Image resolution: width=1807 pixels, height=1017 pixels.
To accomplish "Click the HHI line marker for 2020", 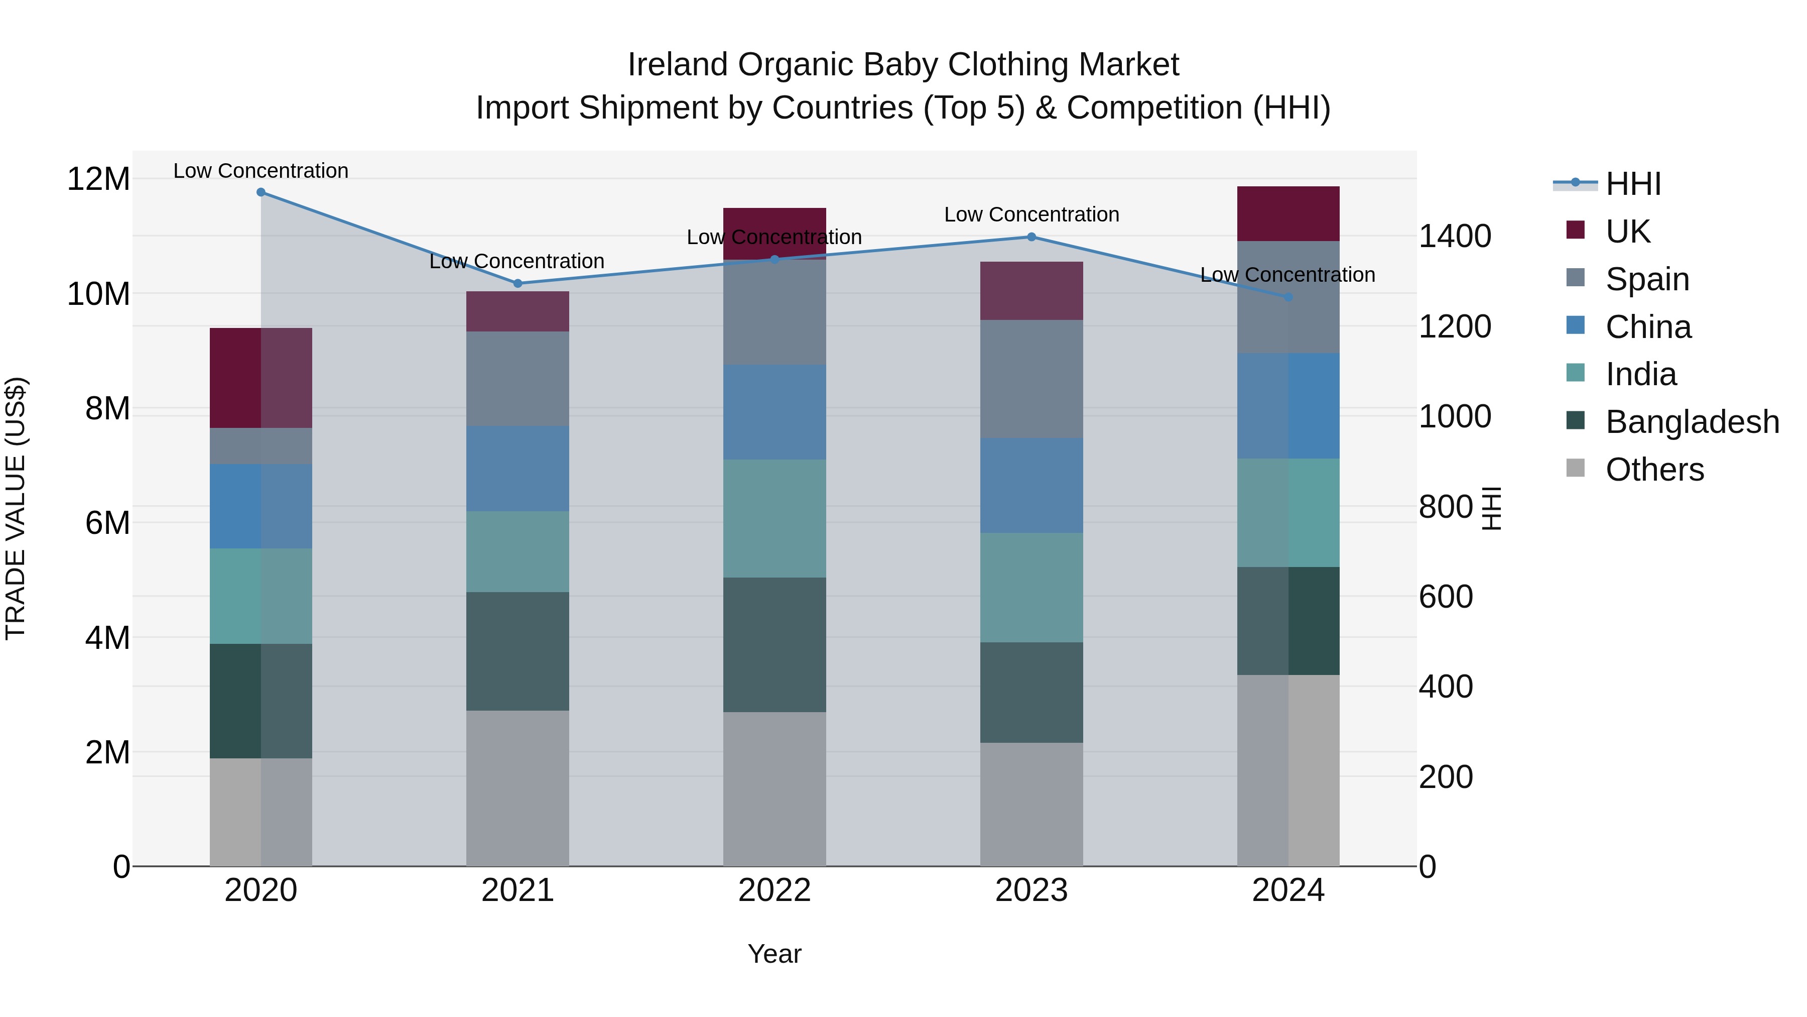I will [261, 192].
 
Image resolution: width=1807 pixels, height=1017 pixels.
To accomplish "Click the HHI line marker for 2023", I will [1031, 237].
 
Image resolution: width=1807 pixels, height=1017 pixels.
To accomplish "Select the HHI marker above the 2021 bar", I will [518, 284].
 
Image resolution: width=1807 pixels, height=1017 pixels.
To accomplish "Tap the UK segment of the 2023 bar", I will [1031, 291].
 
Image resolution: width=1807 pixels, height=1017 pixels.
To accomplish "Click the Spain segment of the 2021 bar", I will [518, 379].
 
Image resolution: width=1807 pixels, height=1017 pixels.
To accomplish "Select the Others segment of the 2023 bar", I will [1031, 805].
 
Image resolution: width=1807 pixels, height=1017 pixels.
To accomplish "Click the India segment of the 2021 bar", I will [518, 551].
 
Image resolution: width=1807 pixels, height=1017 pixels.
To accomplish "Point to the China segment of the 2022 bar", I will [775, 413].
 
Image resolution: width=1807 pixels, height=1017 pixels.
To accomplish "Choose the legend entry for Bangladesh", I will [1692, 422].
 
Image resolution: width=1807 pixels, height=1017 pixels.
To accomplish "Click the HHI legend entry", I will [1633, 184].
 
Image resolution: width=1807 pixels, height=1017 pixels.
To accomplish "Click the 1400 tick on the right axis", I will [1455, 237].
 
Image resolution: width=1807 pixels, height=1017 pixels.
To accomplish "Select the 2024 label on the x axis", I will [1288, 890].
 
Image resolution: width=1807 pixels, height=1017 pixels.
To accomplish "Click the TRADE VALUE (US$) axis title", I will [16, 508].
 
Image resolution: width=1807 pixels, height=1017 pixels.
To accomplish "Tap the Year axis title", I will [775, 954].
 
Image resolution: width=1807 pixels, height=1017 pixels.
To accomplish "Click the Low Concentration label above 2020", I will [261, 171].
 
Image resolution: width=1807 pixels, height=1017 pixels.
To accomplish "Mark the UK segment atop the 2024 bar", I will [1288, 214].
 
